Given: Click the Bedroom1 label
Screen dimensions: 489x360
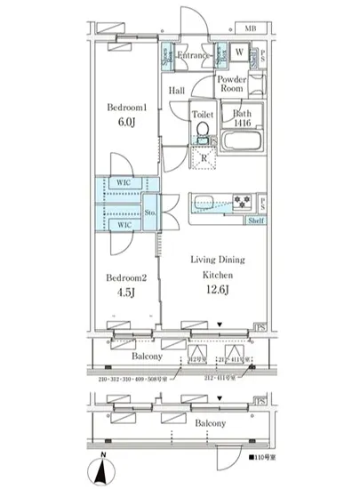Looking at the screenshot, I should (126, 107).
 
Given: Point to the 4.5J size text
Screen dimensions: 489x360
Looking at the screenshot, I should (126, 294).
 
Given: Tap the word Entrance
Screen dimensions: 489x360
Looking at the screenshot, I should (193, 56).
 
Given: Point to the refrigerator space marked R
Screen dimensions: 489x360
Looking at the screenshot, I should (204, 159).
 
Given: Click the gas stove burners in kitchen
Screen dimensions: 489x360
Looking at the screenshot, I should (243, 199).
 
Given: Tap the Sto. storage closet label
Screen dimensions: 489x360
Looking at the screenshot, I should (150, 212).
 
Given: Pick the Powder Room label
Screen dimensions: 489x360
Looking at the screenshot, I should (233, 84).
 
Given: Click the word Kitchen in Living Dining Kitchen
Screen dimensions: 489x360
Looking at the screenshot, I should (219, 274).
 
